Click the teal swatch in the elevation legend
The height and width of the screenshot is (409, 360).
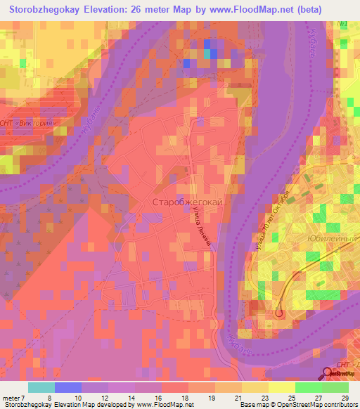[x=41, y=387]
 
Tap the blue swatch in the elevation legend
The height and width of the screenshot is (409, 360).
[x=67, y=387]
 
